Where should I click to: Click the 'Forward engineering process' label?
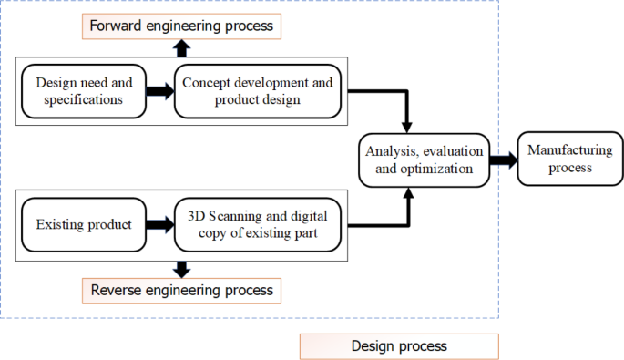point(182,26)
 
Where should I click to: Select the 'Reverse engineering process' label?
point(182,291)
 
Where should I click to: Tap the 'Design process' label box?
point(399,346)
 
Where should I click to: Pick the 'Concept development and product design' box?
point(258,91)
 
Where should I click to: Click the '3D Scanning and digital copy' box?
point(258,224)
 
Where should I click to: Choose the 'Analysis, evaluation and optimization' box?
point(423,159)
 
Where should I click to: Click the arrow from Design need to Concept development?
point(159,91)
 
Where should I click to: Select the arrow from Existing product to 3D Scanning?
point(159,224)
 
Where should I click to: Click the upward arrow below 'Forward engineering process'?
point(182,48)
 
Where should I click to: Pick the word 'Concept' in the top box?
point(207,83)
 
